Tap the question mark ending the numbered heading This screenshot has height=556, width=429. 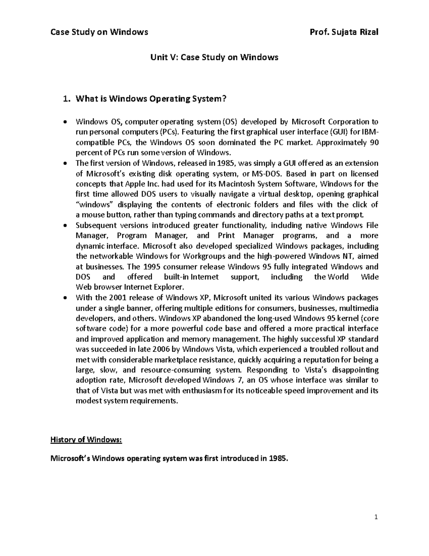(225, 99)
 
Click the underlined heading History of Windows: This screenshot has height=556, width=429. (86, 440)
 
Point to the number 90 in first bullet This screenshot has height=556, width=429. (374, 142)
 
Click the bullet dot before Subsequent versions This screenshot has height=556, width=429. (64, 226)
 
